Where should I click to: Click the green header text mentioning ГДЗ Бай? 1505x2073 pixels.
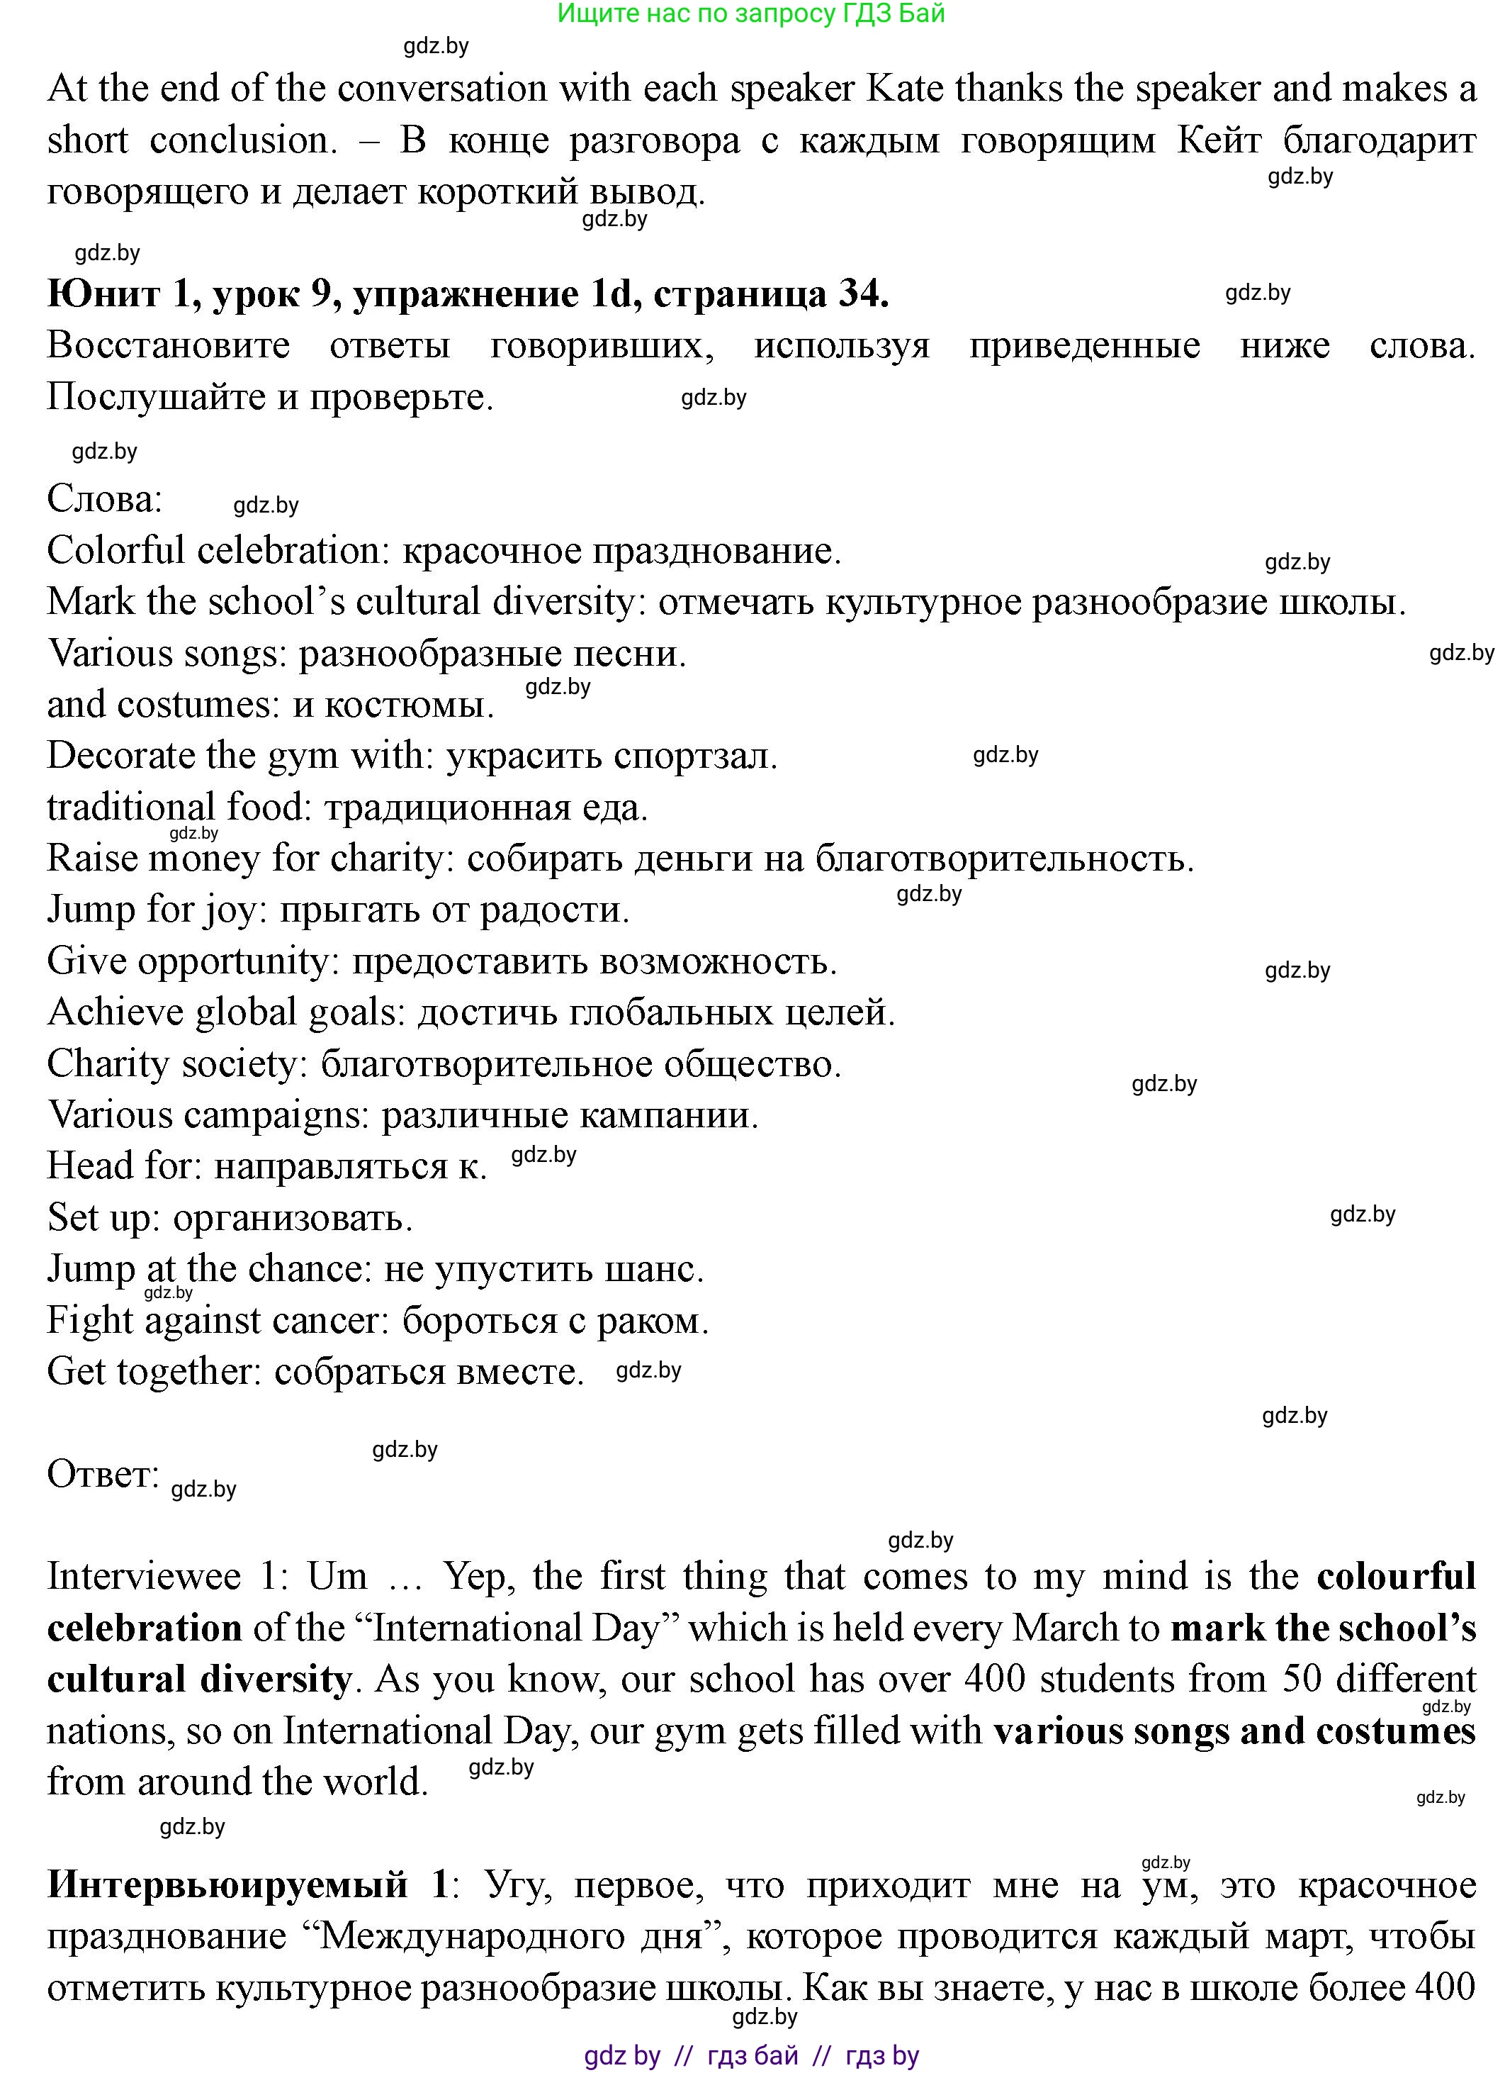pyautogui.click(x=751, y=13)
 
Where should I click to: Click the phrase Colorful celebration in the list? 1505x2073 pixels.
pyautogui.click(x=213, y=550)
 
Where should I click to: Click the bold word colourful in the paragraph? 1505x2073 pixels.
pyautogui.click(x=1395, y=1577)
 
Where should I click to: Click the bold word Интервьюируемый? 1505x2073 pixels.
pyautogui.click(x=227, y=1884)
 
